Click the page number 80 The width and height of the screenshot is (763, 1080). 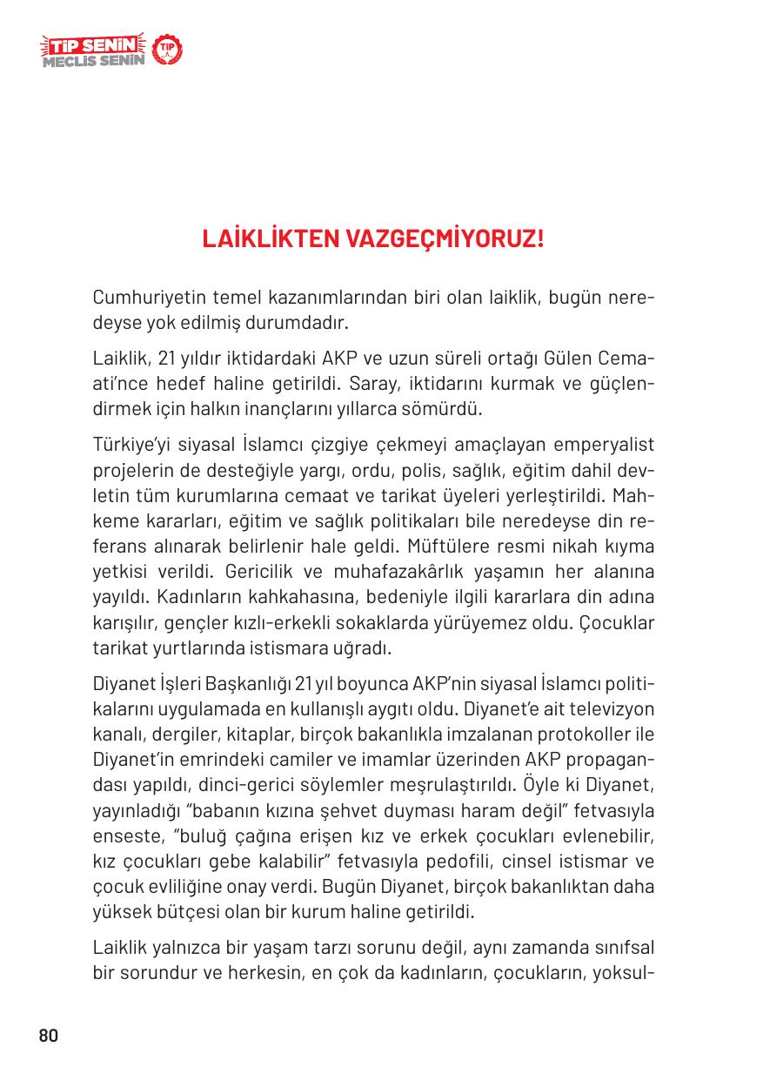coord(48,1036)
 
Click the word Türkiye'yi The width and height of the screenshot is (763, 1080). coord(132,446)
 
